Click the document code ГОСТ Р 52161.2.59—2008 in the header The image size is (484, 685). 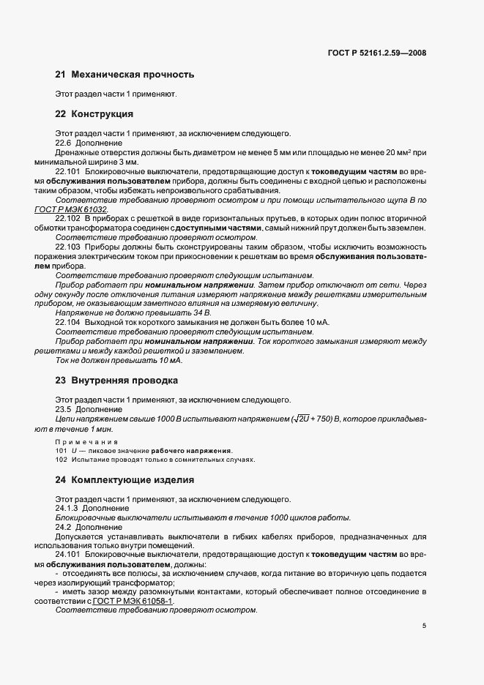[x=377, y=53]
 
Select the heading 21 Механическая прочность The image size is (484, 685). [x=124, y=74]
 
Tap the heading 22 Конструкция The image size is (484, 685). [x=94, y=114]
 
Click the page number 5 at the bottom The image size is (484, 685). [x=424, y=626]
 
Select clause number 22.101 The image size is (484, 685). [x=68, y=171]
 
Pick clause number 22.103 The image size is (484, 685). [x=68, y=247]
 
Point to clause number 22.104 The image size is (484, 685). [x=68, y=322]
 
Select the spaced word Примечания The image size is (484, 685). [x=86, y=442]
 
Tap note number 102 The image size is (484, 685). [x=62, y=460]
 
